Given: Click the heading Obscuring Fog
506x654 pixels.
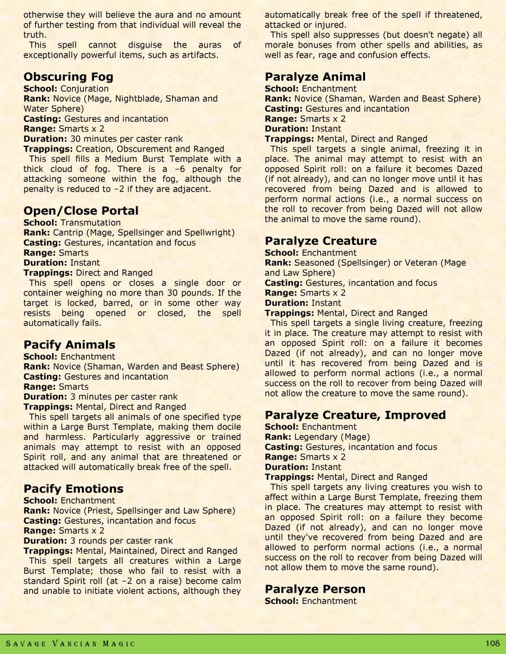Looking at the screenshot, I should (x=68, y=77).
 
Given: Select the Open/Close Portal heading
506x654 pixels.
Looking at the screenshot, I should (x=80, y=211).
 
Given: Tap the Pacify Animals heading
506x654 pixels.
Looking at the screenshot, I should (x=69, y=345).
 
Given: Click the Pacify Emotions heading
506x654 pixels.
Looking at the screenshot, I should (x=73, y=489).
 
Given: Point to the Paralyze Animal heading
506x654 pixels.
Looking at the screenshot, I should (x=315, y=77).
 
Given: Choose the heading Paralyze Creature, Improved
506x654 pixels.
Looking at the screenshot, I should (x=355, y=415).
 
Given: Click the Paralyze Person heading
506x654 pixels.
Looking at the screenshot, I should (x=315, y=589).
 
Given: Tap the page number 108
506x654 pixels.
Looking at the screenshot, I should (x=492, y=643).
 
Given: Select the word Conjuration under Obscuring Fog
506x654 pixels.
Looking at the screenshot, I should (x=85, y=89).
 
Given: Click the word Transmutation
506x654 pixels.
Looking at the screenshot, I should (x=90, y=222).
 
